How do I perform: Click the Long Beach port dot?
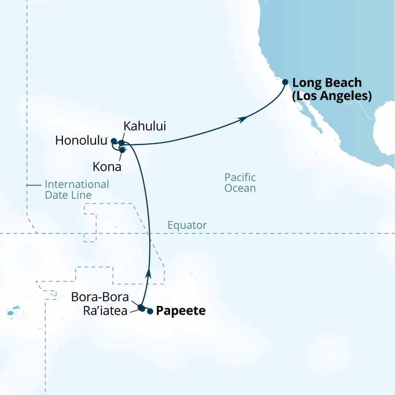point(285,82)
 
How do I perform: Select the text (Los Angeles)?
point(332,96)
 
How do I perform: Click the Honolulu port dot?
point(113,141)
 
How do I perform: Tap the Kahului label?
point(144,126)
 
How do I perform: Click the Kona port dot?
point(122,150)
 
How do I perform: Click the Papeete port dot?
point(150,311)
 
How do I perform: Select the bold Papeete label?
point(180,311)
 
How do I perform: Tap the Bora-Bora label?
point(100,297)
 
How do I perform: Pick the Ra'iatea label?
point(105,311)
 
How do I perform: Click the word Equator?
point(187,225)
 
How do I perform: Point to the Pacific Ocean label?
point(240,183)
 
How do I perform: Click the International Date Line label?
point(76,189)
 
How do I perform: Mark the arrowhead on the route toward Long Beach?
point(242,120)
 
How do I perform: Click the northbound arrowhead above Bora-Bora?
point(149,273)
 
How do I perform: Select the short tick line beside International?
point(34,185)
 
